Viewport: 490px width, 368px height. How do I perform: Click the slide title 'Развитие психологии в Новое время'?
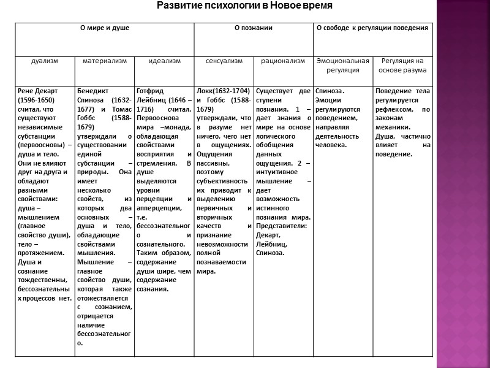[x=245, y=6]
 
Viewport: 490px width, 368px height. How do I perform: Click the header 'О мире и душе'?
[x=105, y=28]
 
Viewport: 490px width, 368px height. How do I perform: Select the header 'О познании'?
[x=254, y=28]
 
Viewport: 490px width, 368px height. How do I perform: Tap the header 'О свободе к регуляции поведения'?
[x=372, y=28]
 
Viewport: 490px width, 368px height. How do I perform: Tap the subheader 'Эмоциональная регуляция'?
[x=342, y=65]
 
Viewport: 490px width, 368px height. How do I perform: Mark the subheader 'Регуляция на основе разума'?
[x=402, y=65]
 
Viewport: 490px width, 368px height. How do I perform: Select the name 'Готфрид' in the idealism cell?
[x=150, y=91]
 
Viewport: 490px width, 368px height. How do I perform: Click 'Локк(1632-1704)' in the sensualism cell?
[x=222, y=91]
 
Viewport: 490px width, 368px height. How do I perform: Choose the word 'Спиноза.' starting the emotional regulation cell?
[x=329, y=91]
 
